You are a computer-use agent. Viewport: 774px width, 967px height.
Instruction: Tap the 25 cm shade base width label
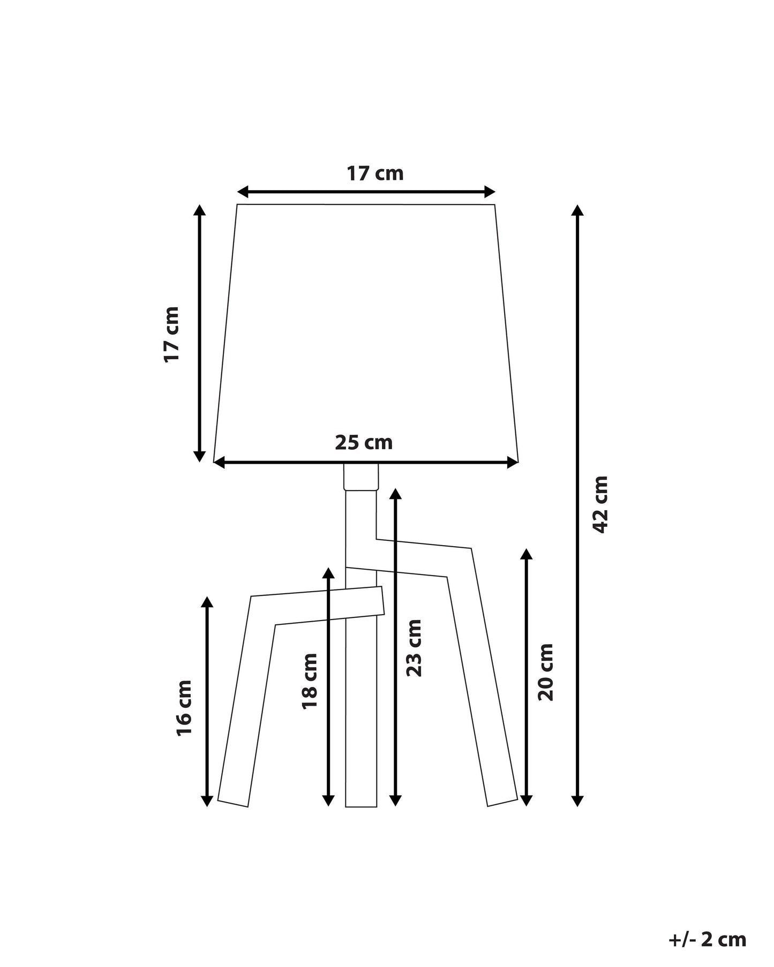click(x=364, y=442)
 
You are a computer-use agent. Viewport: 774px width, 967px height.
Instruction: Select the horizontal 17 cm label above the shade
click(x=375, y=173)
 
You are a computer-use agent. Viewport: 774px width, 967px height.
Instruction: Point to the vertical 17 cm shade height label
click(x=171, y=335)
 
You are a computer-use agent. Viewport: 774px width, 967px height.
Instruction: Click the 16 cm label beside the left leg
click(x=184, y=708)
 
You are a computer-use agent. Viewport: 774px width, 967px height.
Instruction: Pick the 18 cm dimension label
click(x=310, y=681)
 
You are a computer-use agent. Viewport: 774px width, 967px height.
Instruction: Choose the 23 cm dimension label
click(x=414, y=647)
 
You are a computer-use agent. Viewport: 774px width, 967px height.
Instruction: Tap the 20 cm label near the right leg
click(x=545, y=672)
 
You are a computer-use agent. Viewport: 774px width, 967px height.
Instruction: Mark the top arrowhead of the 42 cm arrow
click(x=577, y=209)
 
